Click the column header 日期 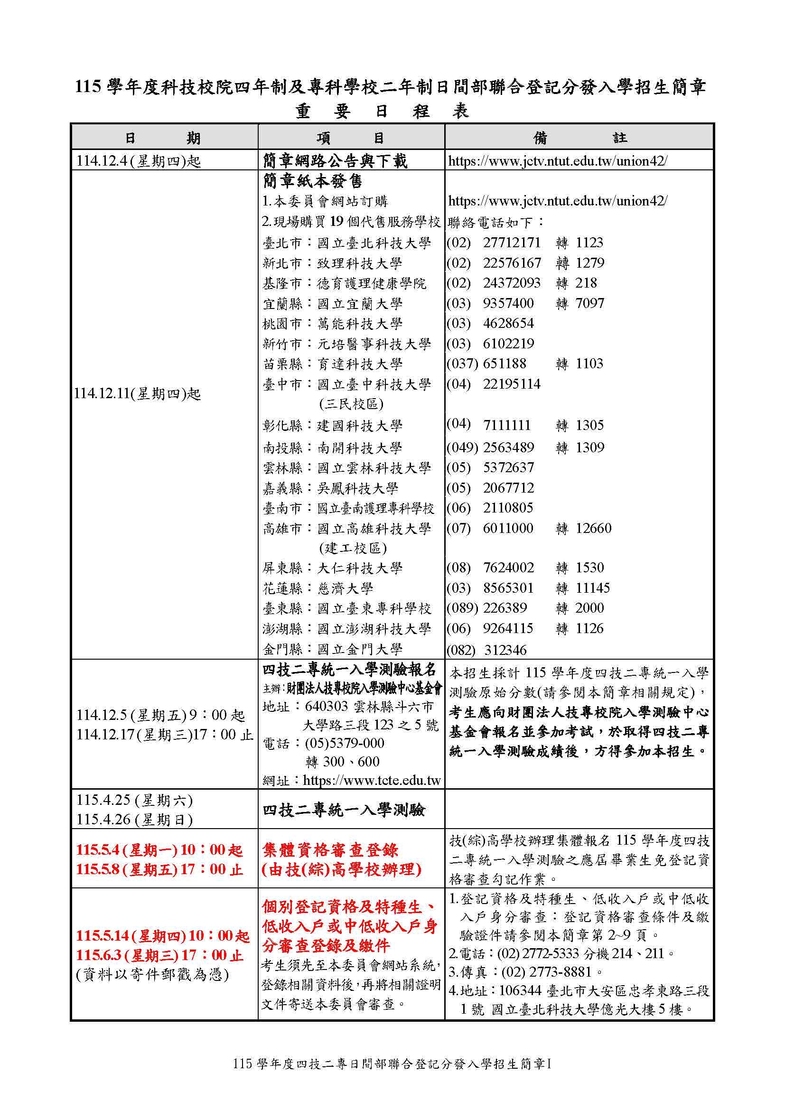tap(163, 138)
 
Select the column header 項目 tap(350, 138)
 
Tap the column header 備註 tap(579, 138)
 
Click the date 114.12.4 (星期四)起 tap(138, 161)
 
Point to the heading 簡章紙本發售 tap(312, 181)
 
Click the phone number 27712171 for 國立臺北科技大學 tap(512, 243)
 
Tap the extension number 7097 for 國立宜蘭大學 tap(590, 304)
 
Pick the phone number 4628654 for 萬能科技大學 tap(508, 324)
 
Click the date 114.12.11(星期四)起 tap(137, 394)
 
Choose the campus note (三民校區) tap(351, 404)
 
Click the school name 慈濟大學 tap(345, 588)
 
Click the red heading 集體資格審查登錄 tap(330, 850)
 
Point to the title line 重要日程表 tap(382, 112)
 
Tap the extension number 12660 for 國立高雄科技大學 tap(594, 528)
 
